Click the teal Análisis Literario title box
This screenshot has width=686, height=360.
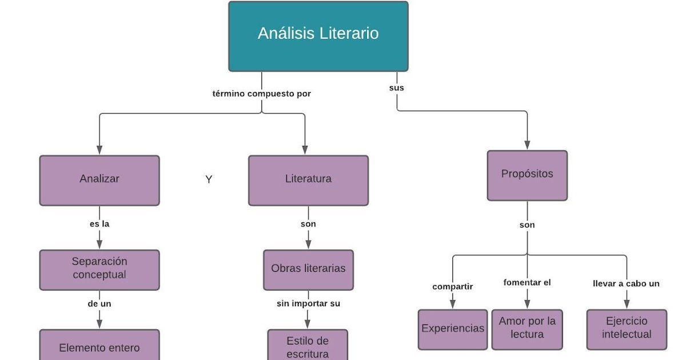tap(318, 36)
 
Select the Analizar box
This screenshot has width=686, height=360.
tap(99, 180)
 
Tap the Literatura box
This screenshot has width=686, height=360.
tap(308, 180)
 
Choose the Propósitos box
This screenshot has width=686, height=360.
tap(527, 175)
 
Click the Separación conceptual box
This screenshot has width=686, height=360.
tap(99, 269)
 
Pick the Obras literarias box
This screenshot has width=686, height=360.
tap(308, 269)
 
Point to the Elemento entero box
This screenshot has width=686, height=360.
tap(99, 346)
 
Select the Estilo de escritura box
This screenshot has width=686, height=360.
tap(308, 346)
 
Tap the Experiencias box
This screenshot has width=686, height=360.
tap(453, 329)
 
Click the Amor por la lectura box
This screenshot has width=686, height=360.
tap(527, 329)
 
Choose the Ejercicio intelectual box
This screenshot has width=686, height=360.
tap(627, 329)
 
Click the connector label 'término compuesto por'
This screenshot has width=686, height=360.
tap(262, 94)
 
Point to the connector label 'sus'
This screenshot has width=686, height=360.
tap(397, 88)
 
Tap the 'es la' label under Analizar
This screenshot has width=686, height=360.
tap(99, 224)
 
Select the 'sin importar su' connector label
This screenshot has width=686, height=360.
tap(308, 303)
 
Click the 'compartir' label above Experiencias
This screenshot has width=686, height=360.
tap(453, 287)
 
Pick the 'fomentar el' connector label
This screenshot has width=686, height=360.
tap(527, 282)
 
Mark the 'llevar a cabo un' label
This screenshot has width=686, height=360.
tap(627, 283)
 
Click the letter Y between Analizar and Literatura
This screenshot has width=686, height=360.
tap(209, 180)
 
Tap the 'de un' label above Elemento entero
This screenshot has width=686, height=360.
tap(99, 304)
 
